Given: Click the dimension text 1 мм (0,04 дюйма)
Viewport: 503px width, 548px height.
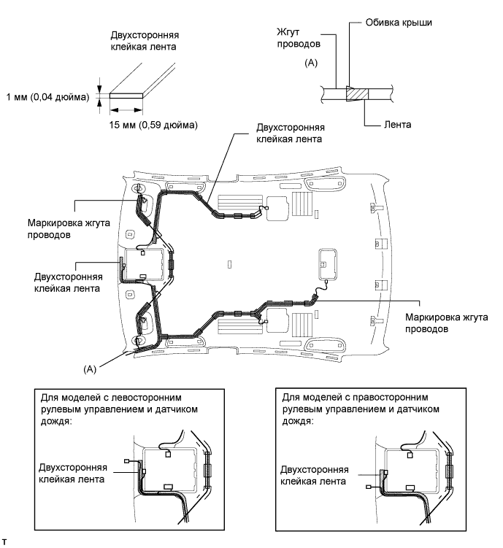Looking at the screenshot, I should click(45, 96).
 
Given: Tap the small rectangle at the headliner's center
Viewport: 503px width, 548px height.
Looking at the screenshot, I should click(229, 263).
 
